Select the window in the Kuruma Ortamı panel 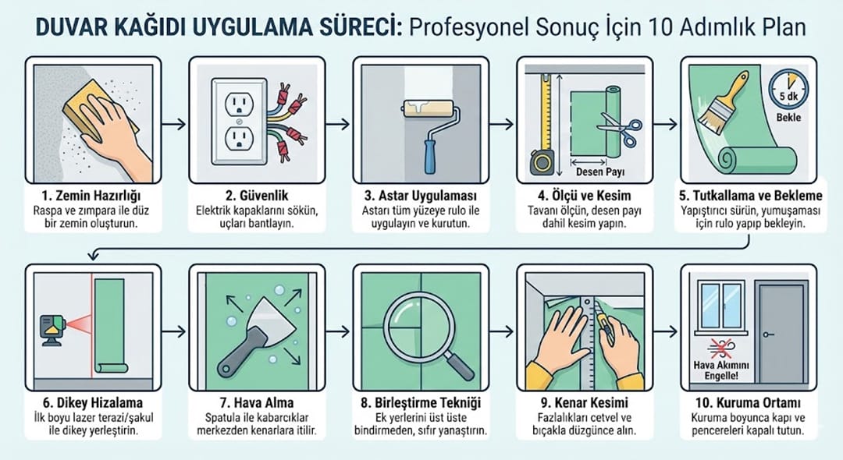click(721, 306)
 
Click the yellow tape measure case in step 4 click(542, 162)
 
